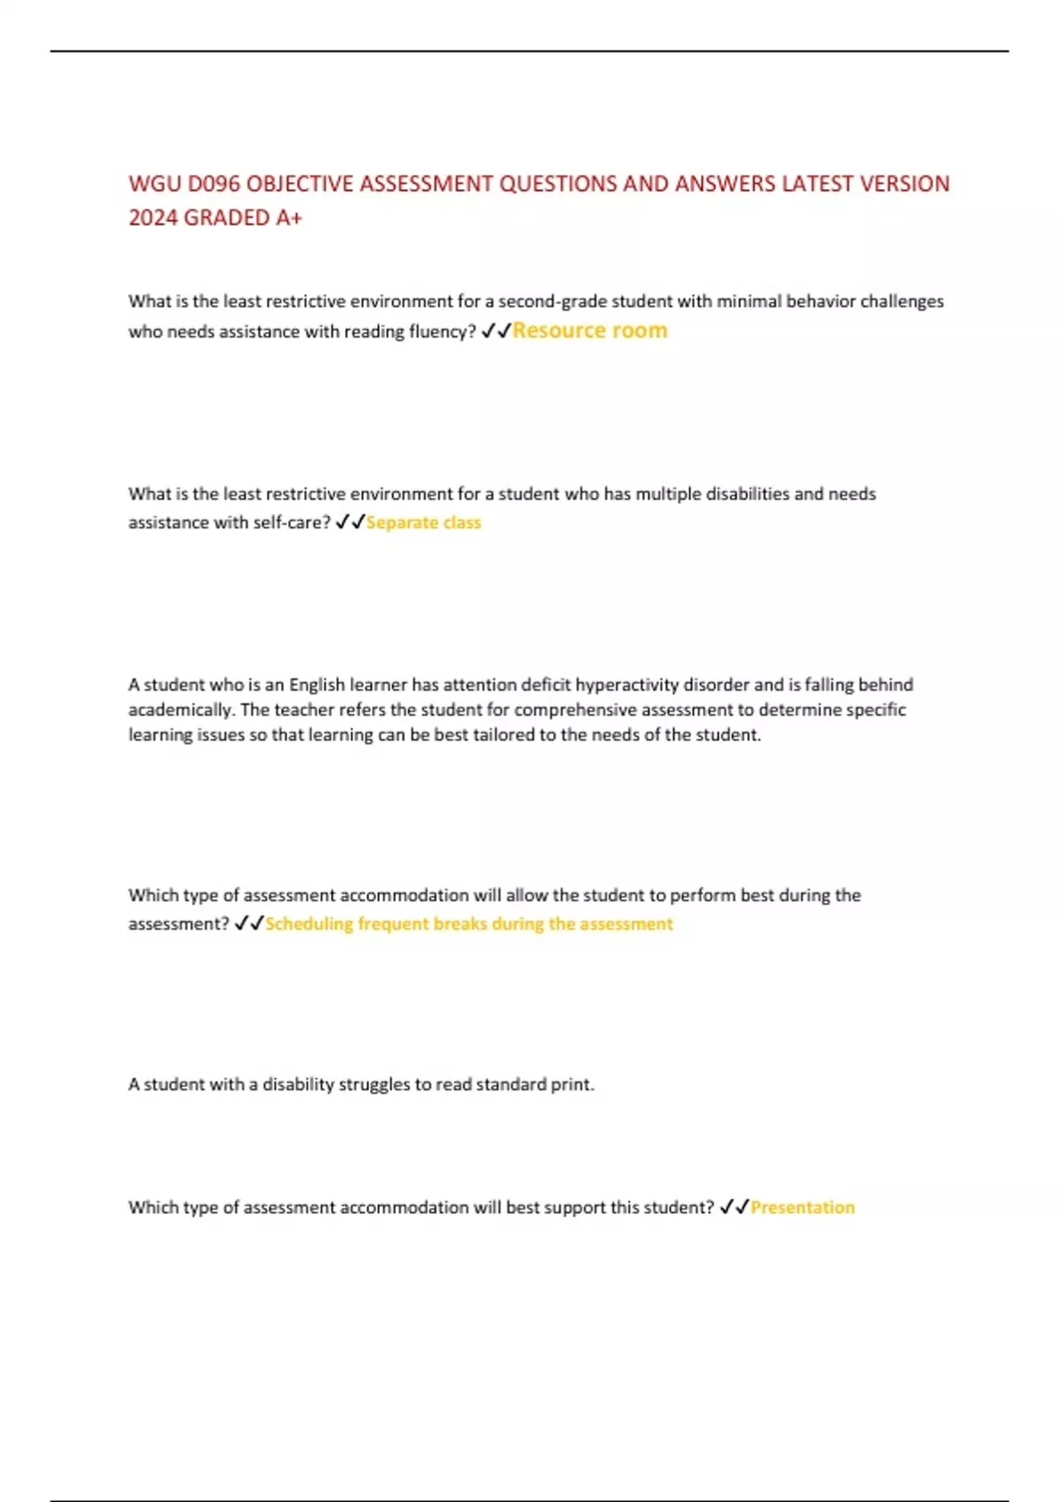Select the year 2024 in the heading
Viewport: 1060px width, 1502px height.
click(152, 217)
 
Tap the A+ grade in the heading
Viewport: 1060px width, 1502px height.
click(289, 217)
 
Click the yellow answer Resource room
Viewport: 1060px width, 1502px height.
click(590, 330)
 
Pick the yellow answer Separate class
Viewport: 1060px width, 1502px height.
click(423, 522)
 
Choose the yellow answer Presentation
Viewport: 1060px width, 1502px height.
click(802, 1207)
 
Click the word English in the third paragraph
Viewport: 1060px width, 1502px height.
click(316, 685)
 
